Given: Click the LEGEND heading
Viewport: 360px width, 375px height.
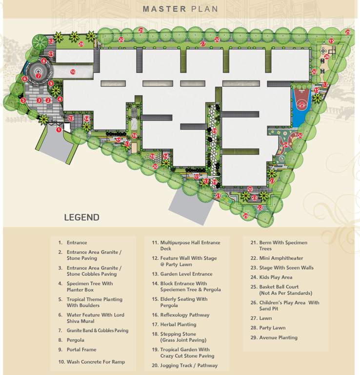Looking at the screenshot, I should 81,217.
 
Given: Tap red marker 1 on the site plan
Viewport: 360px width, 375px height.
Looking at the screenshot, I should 59,130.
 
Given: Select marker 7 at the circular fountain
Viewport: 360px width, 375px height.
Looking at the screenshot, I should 38,76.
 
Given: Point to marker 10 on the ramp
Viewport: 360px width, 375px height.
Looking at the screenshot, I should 73,72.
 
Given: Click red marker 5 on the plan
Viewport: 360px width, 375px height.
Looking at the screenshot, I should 22,101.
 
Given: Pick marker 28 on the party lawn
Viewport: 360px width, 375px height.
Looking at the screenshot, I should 81,44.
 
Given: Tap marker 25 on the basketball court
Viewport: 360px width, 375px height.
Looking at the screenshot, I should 301,104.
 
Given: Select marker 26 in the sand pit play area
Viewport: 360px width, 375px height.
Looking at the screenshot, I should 327,57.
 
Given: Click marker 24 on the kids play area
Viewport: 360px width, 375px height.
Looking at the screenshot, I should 285,144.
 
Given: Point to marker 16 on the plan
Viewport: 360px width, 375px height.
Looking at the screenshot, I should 134,135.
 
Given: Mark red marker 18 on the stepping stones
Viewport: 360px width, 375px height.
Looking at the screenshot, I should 152,156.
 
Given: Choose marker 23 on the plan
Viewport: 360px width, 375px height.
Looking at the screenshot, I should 255,198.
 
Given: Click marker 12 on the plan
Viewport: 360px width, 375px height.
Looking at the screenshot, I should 51,42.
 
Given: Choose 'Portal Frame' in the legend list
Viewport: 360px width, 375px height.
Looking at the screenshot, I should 81,350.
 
